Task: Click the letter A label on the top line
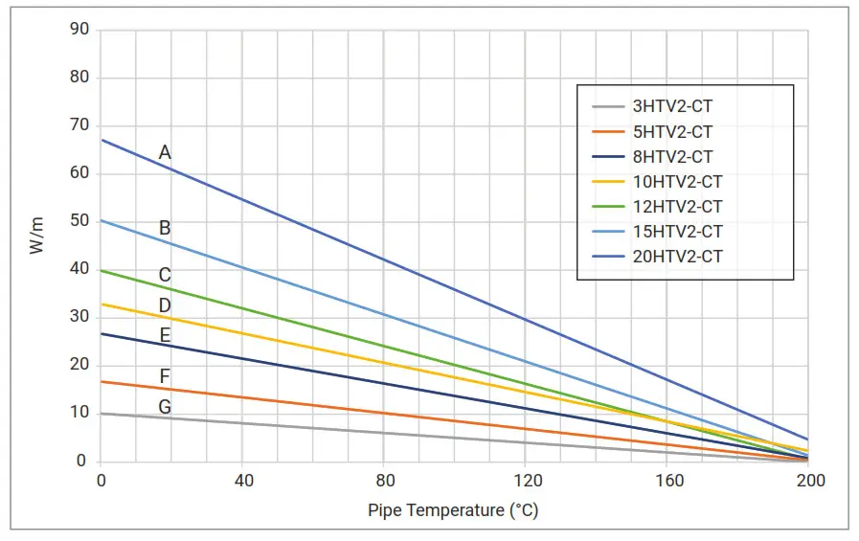pyautogui.click(x=165, y=152)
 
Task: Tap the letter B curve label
pyautogui.click(x=165, y=228)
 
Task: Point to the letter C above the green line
pyautogui.click(x=165, y=275)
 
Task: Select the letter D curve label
pyautogui.click(x=165, y=305)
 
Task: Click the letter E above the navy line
pyautogui.click(x=165, y=335)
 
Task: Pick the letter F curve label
pyautogui.click(x=165, y=376)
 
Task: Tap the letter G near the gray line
pyautogui.click(x=165, y=407)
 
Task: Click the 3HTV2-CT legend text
pyautogui.click(x=672, y=107)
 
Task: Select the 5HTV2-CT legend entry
pyautogui.click(x=672, y=132)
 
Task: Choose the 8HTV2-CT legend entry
pyautogui.click(x=672, y=157)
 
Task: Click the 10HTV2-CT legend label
pyautogui.click(x=677, y=182)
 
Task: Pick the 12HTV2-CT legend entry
pyautogui.click(x=677, y=207)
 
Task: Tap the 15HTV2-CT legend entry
pyautogui.click(x=677, y=232)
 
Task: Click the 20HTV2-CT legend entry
pyautogui.click(x=677, y=257)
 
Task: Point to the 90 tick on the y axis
pyautogui.click(x=79, y=30)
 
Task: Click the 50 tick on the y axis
pyautogui.click(x=79, y=221)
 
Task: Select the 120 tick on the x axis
pyautogui.click(x=528, y=480)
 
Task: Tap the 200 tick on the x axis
pyautogui.click(x=811, y=480)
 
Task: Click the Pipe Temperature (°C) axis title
pyautogui.click(x=453, y=509)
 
